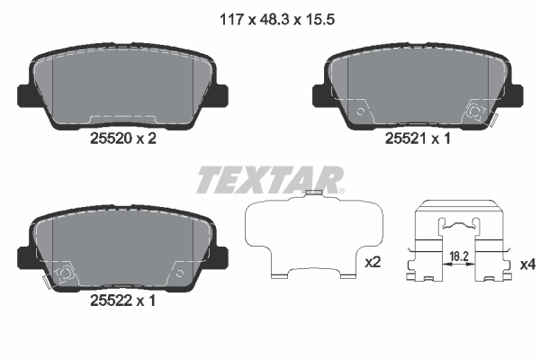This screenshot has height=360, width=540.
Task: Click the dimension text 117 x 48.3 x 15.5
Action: [277, 19]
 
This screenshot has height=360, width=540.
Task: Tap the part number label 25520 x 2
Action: [123, 139]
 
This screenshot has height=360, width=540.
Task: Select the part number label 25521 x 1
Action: [418, 139]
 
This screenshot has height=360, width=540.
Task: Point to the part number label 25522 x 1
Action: [123, 301]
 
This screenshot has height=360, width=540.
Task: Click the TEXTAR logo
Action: [270, 179]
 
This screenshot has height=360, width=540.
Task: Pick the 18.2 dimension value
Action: [459, 256]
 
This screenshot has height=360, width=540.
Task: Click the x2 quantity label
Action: [373, 263]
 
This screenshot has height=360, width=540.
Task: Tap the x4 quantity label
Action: [527, 265]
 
